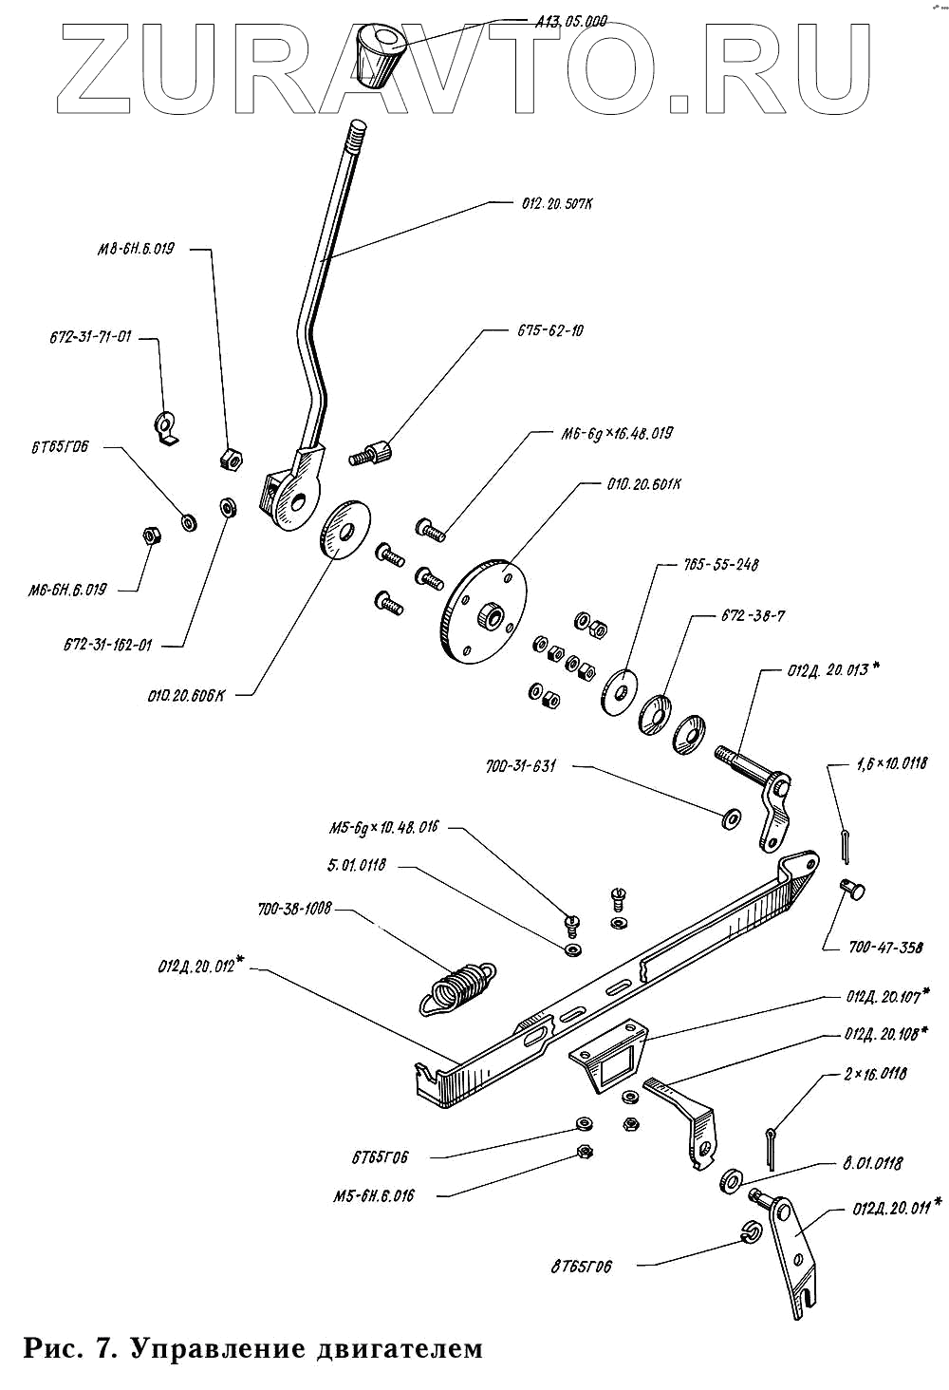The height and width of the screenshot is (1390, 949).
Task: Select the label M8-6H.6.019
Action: [x=136, y=250]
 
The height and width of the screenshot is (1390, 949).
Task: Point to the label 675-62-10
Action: [x=550, y=330]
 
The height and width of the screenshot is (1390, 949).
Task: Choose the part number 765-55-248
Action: [x=721, y=564]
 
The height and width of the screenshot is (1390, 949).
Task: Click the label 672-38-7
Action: [x=752, y=615]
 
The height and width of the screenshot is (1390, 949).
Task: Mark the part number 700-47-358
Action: [x=873, y=948]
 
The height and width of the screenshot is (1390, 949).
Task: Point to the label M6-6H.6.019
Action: [x=67, y=590]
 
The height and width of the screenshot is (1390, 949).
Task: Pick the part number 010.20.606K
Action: [x=186, y=695]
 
